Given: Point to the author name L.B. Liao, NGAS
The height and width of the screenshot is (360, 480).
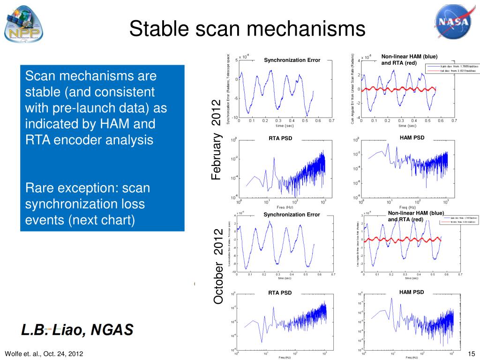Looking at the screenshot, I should [x=77, y=330].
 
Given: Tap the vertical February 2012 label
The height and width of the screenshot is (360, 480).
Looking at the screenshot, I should [x=216, y=140].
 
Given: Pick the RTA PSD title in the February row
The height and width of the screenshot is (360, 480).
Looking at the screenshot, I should [x=280, y=138].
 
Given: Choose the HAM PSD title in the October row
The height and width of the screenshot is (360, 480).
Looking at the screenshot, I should [x=412, y=292].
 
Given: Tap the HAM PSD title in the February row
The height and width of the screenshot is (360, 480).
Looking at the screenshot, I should [x=412, y=137].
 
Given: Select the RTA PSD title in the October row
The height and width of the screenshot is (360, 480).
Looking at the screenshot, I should [x=280, y=293].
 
